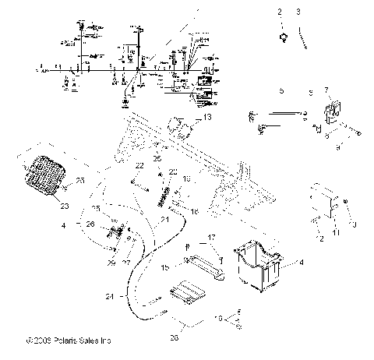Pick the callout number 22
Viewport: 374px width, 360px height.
tap(140, 166)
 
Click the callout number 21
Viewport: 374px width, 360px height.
tap(164, 221)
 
